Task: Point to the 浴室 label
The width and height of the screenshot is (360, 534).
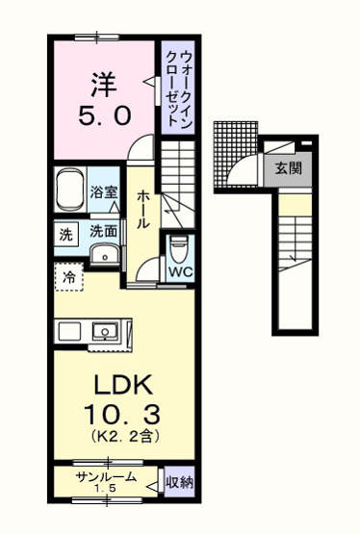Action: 105,191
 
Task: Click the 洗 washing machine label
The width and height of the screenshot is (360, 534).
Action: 65,233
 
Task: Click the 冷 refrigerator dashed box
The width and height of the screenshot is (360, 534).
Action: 69,276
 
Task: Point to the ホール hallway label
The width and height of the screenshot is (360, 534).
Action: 141,206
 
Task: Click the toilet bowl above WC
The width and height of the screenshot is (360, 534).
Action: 178,248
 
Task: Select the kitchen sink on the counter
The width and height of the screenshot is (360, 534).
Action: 104,332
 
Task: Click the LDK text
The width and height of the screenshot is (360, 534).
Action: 120,385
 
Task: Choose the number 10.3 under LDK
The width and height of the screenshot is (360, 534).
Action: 120,417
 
